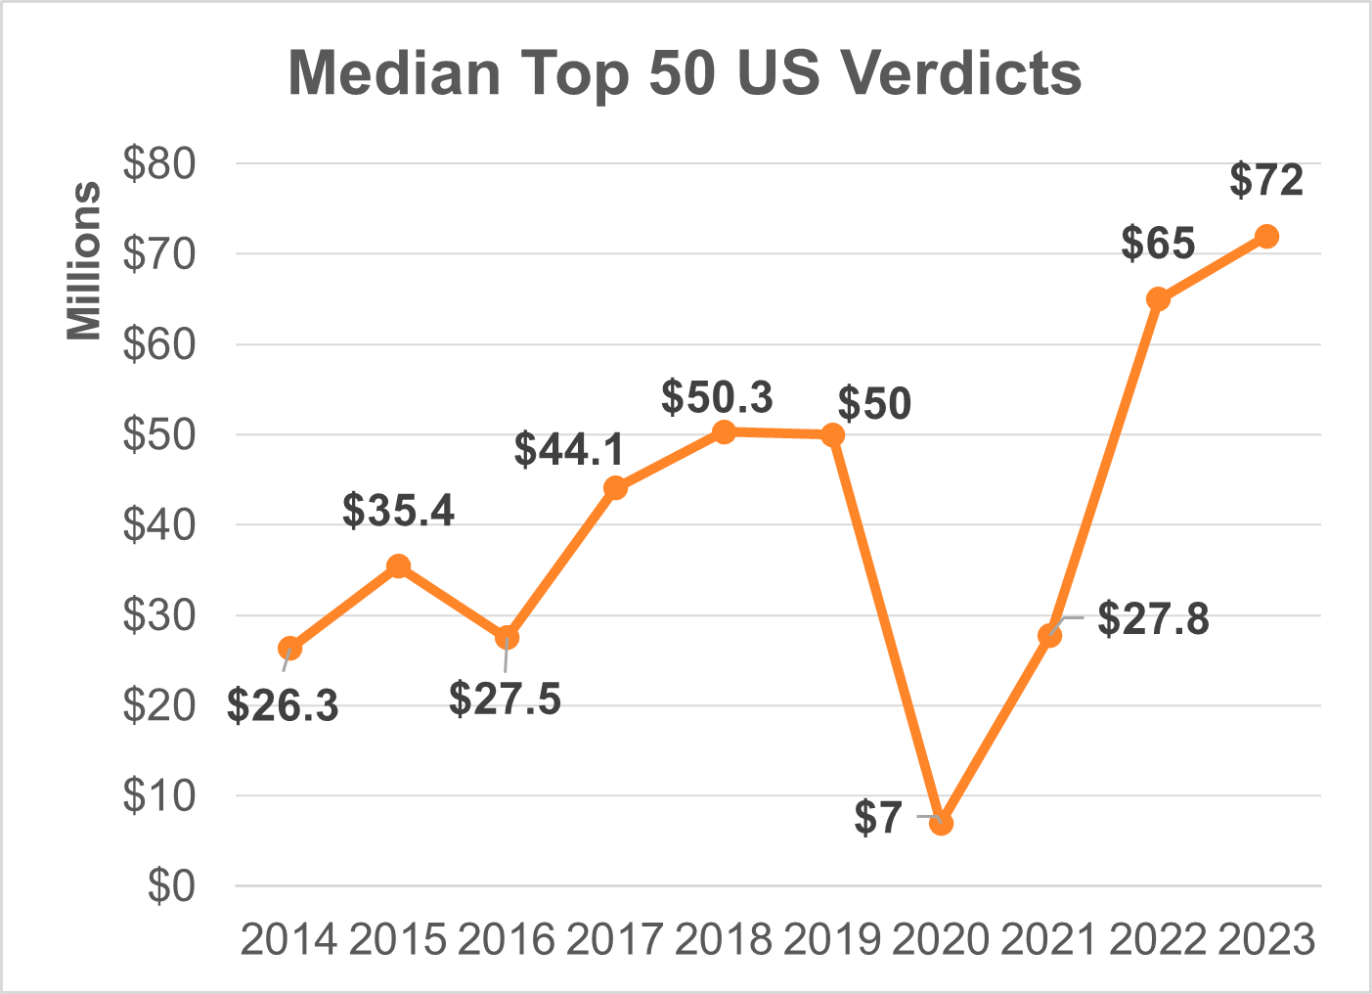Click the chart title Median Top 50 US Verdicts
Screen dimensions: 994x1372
coord(685,73)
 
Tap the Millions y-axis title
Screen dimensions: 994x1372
coord(84,260)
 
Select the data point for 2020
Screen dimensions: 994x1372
coord(941,823)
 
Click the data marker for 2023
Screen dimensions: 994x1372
coord(1266,237)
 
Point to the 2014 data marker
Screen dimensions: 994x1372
coord(289,649)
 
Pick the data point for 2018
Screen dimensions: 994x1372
coord(724,432)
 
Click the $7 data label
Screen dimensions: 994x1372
coord(877,818)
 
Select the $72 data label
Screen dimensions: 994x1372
coord(1266,181)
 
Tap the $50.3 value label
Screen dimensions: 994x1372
coord(717,397)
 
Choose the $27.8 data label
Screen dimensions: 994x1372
coord(1153,619)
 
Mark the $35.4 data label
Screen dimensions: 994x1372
coord(398,511)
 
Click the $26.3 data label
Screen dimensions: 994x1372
coord(283,705)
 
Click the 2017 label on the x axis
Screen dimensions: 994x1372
coord(614,940)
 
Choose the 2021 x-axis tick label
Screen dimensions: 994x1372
coord(1048,940)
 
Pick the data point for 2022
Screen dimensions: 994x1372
coord(1158,299)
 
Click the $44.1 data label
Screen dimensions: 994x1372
coord(569,449)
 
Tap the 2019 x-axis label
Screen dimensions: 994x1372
coord(831,940)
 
